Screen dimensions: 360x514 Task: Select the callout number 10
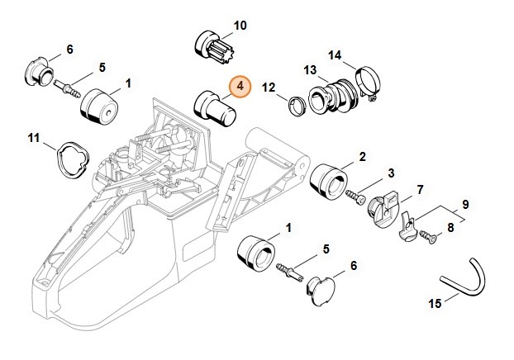coord(240,26)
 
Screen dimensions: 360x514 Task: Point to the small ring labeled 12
coord(293,104)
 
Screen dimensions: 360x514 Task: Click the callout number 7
coord(419,190)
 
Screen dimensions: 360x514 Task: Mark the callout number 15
coord(434,302)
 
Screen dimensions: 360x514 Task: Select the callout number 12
coord(269,87)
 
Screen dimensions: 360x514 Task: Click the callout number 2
coord(362,156)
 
